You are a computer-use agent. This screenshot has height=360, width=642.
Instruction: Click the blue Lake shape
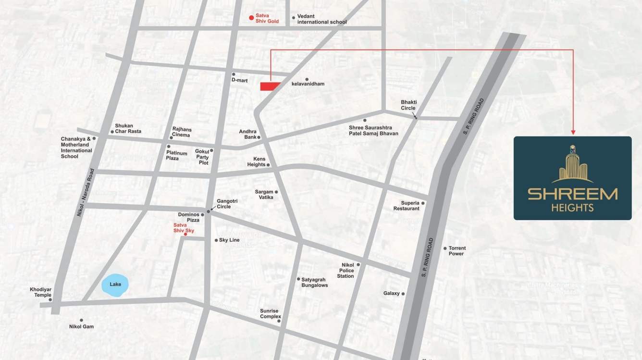click(x=115, y=284)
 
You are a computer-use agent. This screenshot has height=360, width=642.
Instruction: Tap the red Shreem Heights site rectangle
click(x=270, y=87)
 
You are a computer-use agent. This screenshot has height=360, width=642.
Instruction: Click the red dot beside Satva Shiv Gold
click(x=251, y=18)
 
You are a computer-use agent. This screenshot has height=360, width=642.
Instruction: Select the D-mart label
click(x=239, y=80)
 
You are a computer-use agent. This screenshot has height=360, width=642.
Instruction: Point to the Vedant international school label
click(x=321, y=19)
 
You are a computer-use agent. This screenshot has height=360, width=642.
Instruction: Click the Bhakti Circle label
click(x=408, y=105)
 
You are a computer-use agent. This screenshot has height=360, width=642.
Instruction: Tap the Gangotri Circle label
click(x=223, y=204)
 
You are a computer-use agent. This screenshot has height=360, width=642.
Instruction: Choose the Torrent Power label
click(x=457, y=251)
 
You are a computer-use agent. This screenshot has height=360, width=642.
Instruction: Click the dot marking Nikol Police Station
click(x=358, y=265)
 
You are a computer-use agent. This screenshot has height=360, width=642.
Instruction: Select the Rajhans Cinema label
click(x=181, y=132)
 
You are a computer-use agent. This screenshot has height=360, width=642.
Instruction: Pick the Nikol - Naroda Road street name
click(x=85, y=192)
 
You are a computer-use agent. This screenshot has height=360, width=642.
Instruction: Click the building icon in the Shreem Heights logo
click(x=572, y=164)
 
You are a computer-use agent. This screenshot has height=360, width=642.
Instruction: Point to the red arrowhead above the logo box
click(x=573, y=132)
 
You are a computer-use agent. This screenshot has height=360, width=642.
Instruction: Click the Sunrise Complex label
click(x=270, y=314)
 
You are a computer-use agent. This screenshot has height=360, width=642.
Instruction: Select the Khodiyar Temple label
click(x=40, y=292)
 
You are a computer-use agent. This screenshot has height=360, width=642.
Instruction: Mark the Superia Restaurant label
click(x=406, y=206)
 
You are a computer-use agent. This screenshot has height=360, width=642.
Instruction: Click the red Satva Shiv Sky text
click(x=184, y=228)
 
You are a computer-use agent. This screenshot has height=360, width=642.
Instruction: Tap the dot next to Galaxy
click(x=403, y=294)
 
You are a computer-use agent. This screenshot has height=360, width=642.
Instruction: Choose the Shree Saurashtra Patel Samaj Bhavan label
click(x=373, y=130)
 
